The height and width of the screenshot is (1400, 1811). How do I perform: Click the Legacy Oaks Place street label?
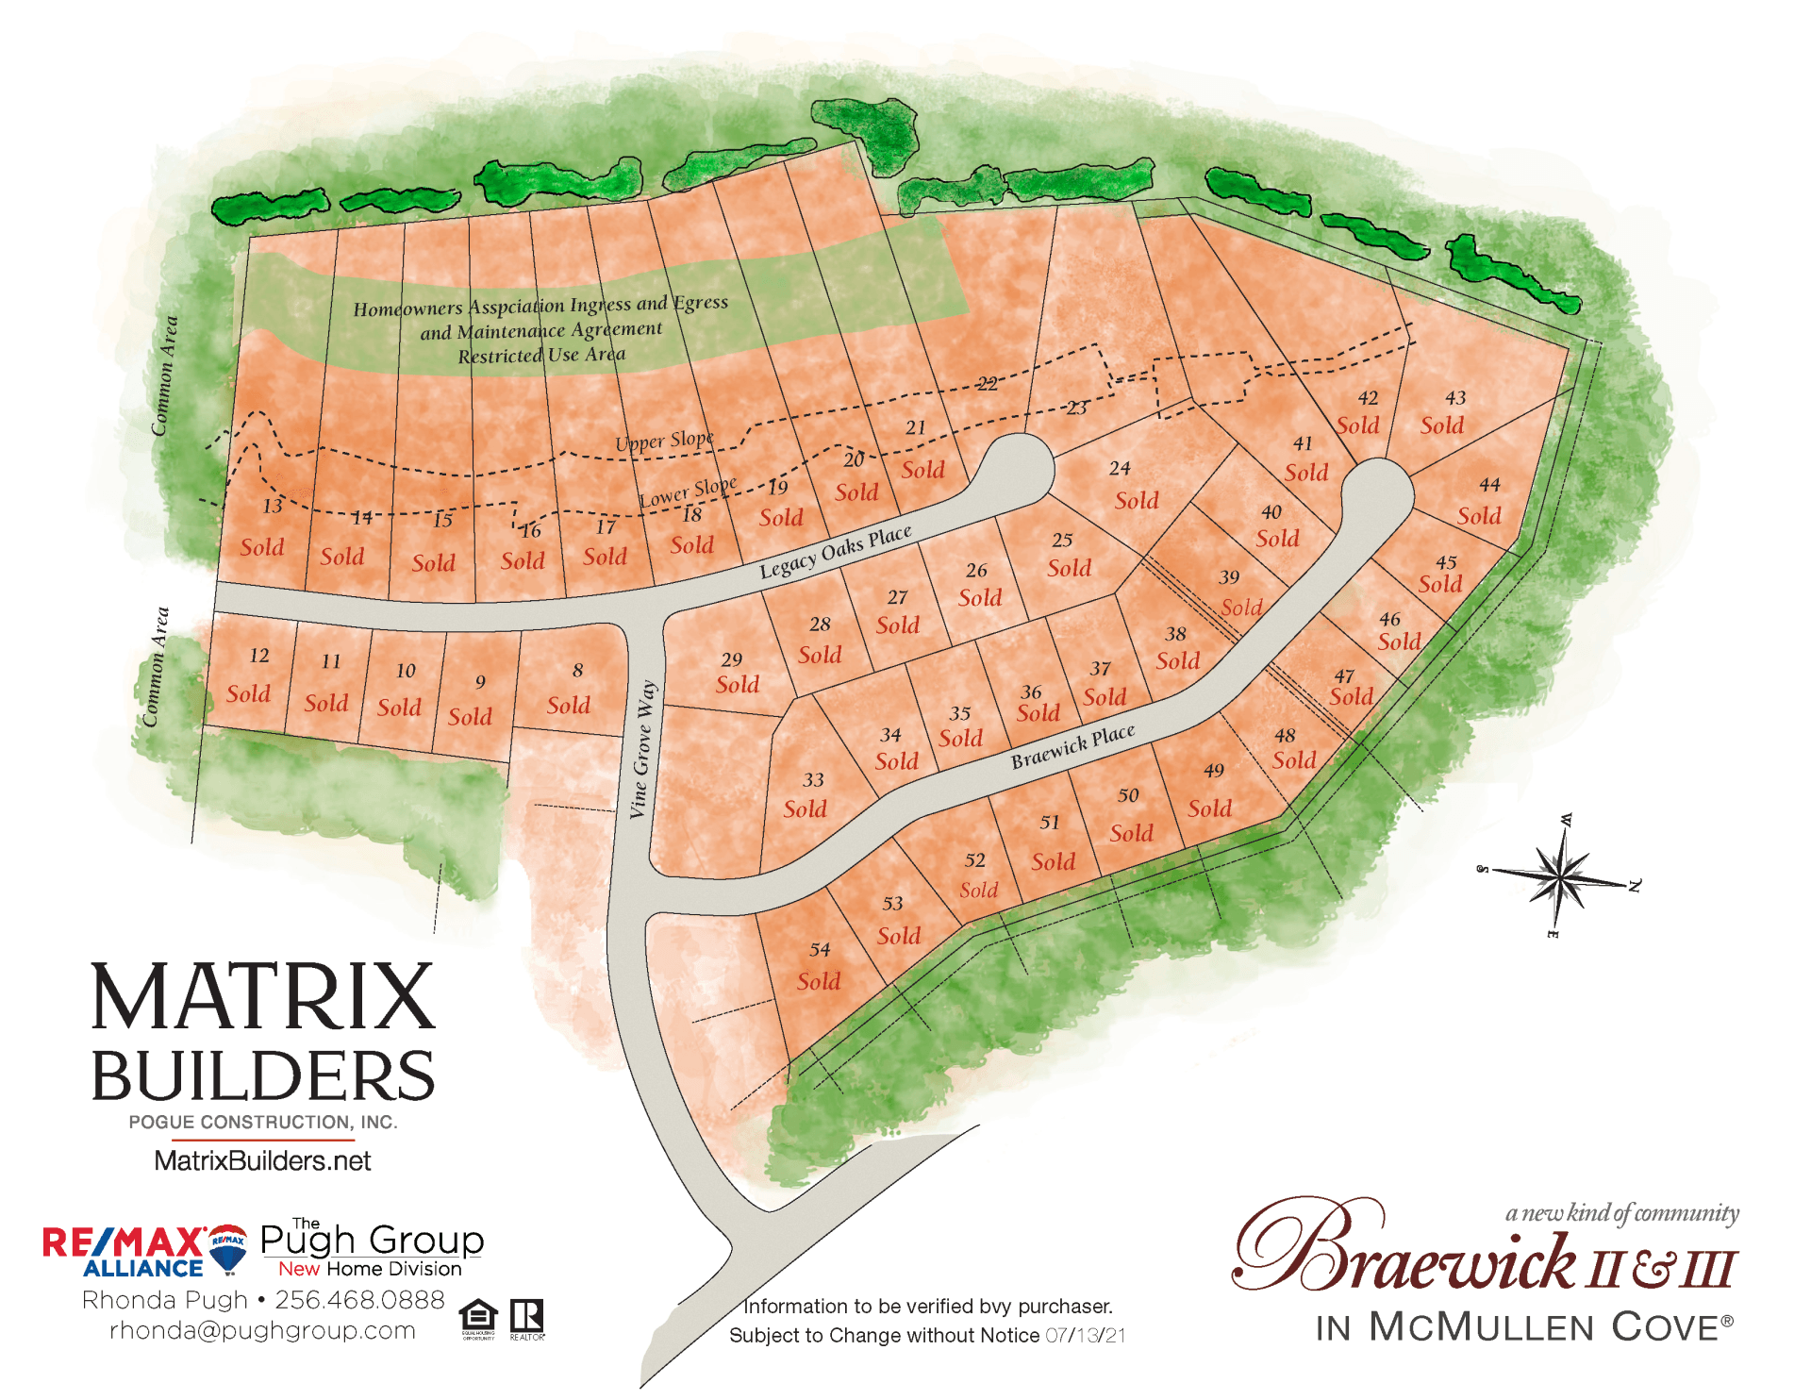coord(836,551)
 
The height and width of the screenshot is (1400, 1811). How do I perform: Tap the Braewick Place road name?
coord(1072,746)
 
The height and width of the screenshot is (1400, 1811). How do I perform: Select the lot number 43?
coord(1455,398)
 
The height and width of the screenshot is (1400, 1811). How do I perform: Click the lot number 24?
coord(1120,468)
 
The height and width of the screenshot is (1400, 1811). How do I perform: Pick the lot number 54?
coord(820,949)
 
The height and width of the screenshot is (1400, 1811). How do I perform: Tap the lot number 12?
coord(259,655)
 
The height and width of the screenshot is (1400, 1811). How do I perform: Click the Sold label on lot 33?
coord(805,808)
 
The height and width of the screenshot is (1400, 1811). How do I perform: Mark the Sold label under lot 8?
coord(569,705)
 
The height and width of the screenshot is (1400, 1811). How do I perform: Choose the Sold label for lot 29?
coord(738,684)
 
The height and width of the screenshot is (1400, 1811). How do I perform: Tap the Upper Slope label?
coord(664,441)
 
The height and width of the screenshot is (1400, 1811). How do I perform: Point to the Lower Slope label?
coord(688,492)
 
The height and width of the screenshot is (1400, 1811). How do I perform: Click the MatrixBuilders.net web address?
coord(262,1160)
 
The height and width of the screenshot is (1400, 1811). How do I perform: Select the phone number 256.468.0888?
coord(359,1300)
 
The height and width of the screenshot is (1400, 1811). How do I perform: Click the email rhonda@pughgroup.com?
coord(262,1330)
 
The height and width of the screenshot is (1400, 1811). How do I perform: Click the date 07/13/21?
coord(1085,1336)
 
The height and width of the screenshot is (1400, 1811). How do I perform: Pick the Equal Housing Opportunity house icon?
coord(478,1316)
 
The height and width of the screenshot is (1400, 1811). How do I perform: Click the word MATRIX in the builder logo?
coord(262,997)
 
